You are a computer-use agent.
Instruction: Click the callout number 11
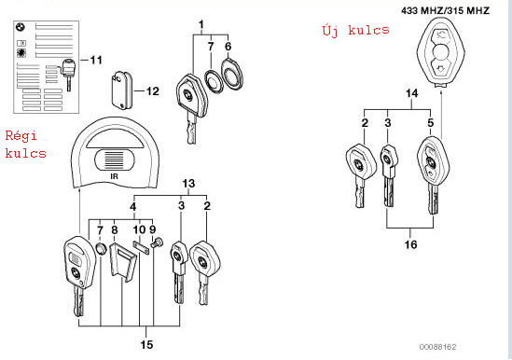pyautogui.click(x=96, y=60)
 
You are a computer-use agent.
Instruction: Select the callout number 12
pyautogui.click(x=153, y=91)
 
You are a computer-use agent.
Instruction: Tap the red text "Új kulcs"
pyautogui.click(x=355, y=31)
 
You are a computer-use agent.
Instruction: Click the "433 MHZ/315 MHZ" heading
pyautogui.click(x=446, y=11)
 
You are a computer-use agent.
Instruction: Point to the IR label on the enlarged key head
pyautogui.click(x=114, y=176)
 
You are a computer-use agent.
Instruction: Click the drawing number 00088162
pyautogui.click(x=437, y=347)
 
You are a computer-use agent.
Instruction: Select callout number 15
pyautogui.click(x=146, y=344)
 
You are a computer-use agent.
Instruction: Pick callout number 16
pyautogui.click(x=410, y=244)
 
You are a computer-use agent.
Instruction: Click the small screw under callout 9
pyautogui.click(x=156, y=243)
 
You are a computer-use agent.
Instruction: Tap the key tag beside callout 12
pyautogui.click(x=121, y=90)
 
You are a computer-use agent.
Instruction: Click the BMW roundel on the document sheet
pyautogui.click(x=21, y=27)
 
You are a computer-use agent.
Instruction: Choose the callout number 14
pyautogui.click(x=412, y=93)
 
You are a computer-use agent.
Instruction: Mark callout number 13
pyautogui.click(x=188, y=184)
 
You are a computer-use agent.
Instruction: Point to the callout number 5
pyautogui.click(x=430, y=123)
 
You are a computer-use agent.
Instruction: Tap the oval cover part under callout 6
pyautogui.click(x=232, y=73)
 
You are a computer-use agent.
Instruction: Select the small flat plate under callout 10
pyautogui.click(x=141, y=247)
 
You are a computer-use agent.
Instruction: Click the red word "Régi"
pyautogui.click(x=21, y=136)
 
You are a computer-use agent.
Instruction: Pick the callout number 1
pyautogui.click(x=201, y=24)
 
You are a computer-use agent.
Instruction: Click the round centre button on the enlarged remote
pyautogui.click(x=441, y=52)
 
